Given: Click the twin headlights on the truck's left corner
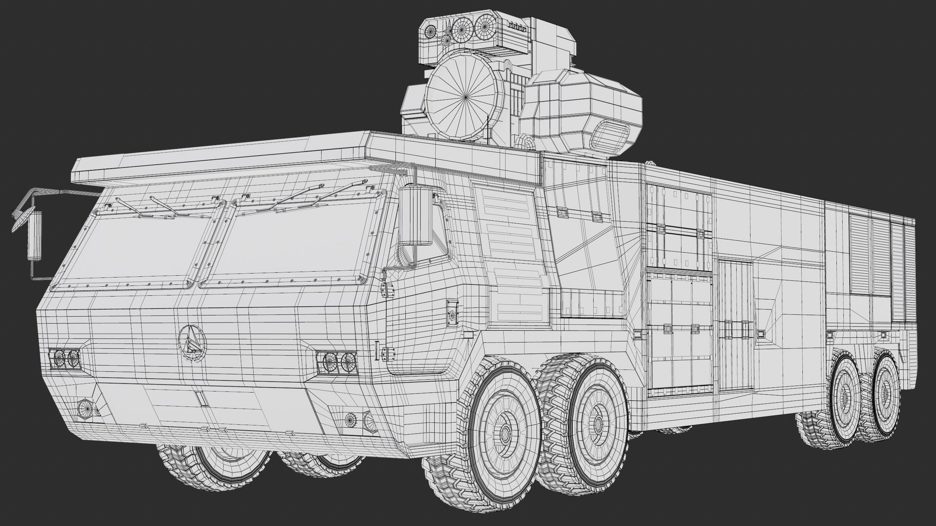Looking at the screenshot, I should click(66, 358).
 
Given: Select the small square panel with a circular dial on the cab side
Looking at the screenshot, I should click(452, 312).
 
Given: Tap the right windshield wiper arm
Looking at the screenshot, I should click(312, 195).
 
